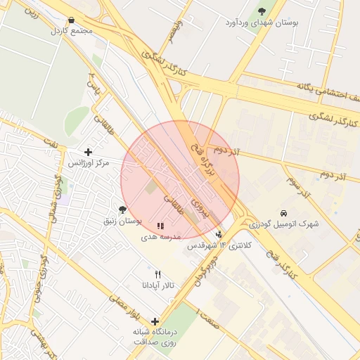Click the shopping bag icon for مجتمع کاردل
point(72,20)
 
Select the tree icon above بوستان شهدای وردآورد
point(262,11)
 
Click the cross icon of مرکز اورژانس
point(88,152)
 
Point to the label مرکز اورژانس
point(88,163)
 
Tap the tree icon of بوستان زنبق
point(123,210)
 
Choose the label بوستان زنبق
point(124,221)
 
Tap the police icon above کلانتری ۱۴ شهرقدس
point(219,234)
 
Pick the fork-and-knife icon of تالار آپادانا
point(157,274)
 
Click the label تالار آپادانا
point(157,285)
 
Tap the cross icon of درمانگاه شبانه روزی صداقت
point(155,321)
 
